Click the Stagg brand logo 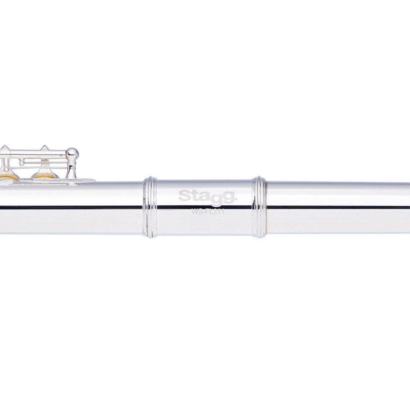(x=207, y=196)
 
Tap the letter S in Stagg (x=183, y=196)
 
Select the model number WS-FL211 (x=207, y=213)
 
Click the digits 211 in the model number (x=218, y=213)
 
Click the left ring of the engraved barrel (x=150, y=207)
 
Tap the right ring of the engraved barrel (x=259, y=207)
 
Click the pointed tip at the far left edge (x=3, y=148)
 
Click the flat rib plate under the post (x=80, y=181)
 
